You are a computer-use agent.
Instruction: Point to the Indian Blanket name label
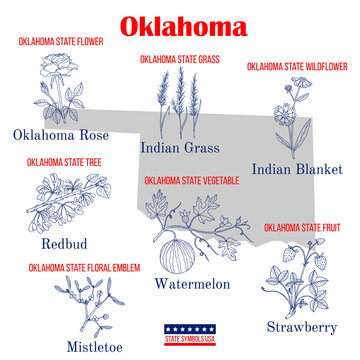297,169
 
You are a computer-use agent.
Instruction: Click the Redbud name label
63,243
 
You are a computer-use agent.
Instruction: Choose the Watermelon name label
192,284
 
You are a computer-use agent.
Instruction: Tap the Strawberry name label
302,326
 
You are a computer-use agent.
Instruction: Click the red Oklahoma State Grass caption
179,60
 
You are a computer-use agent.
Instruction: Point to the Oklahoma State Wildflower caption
297,66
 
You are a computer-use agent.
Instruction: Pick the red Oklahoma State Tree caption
61,161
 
